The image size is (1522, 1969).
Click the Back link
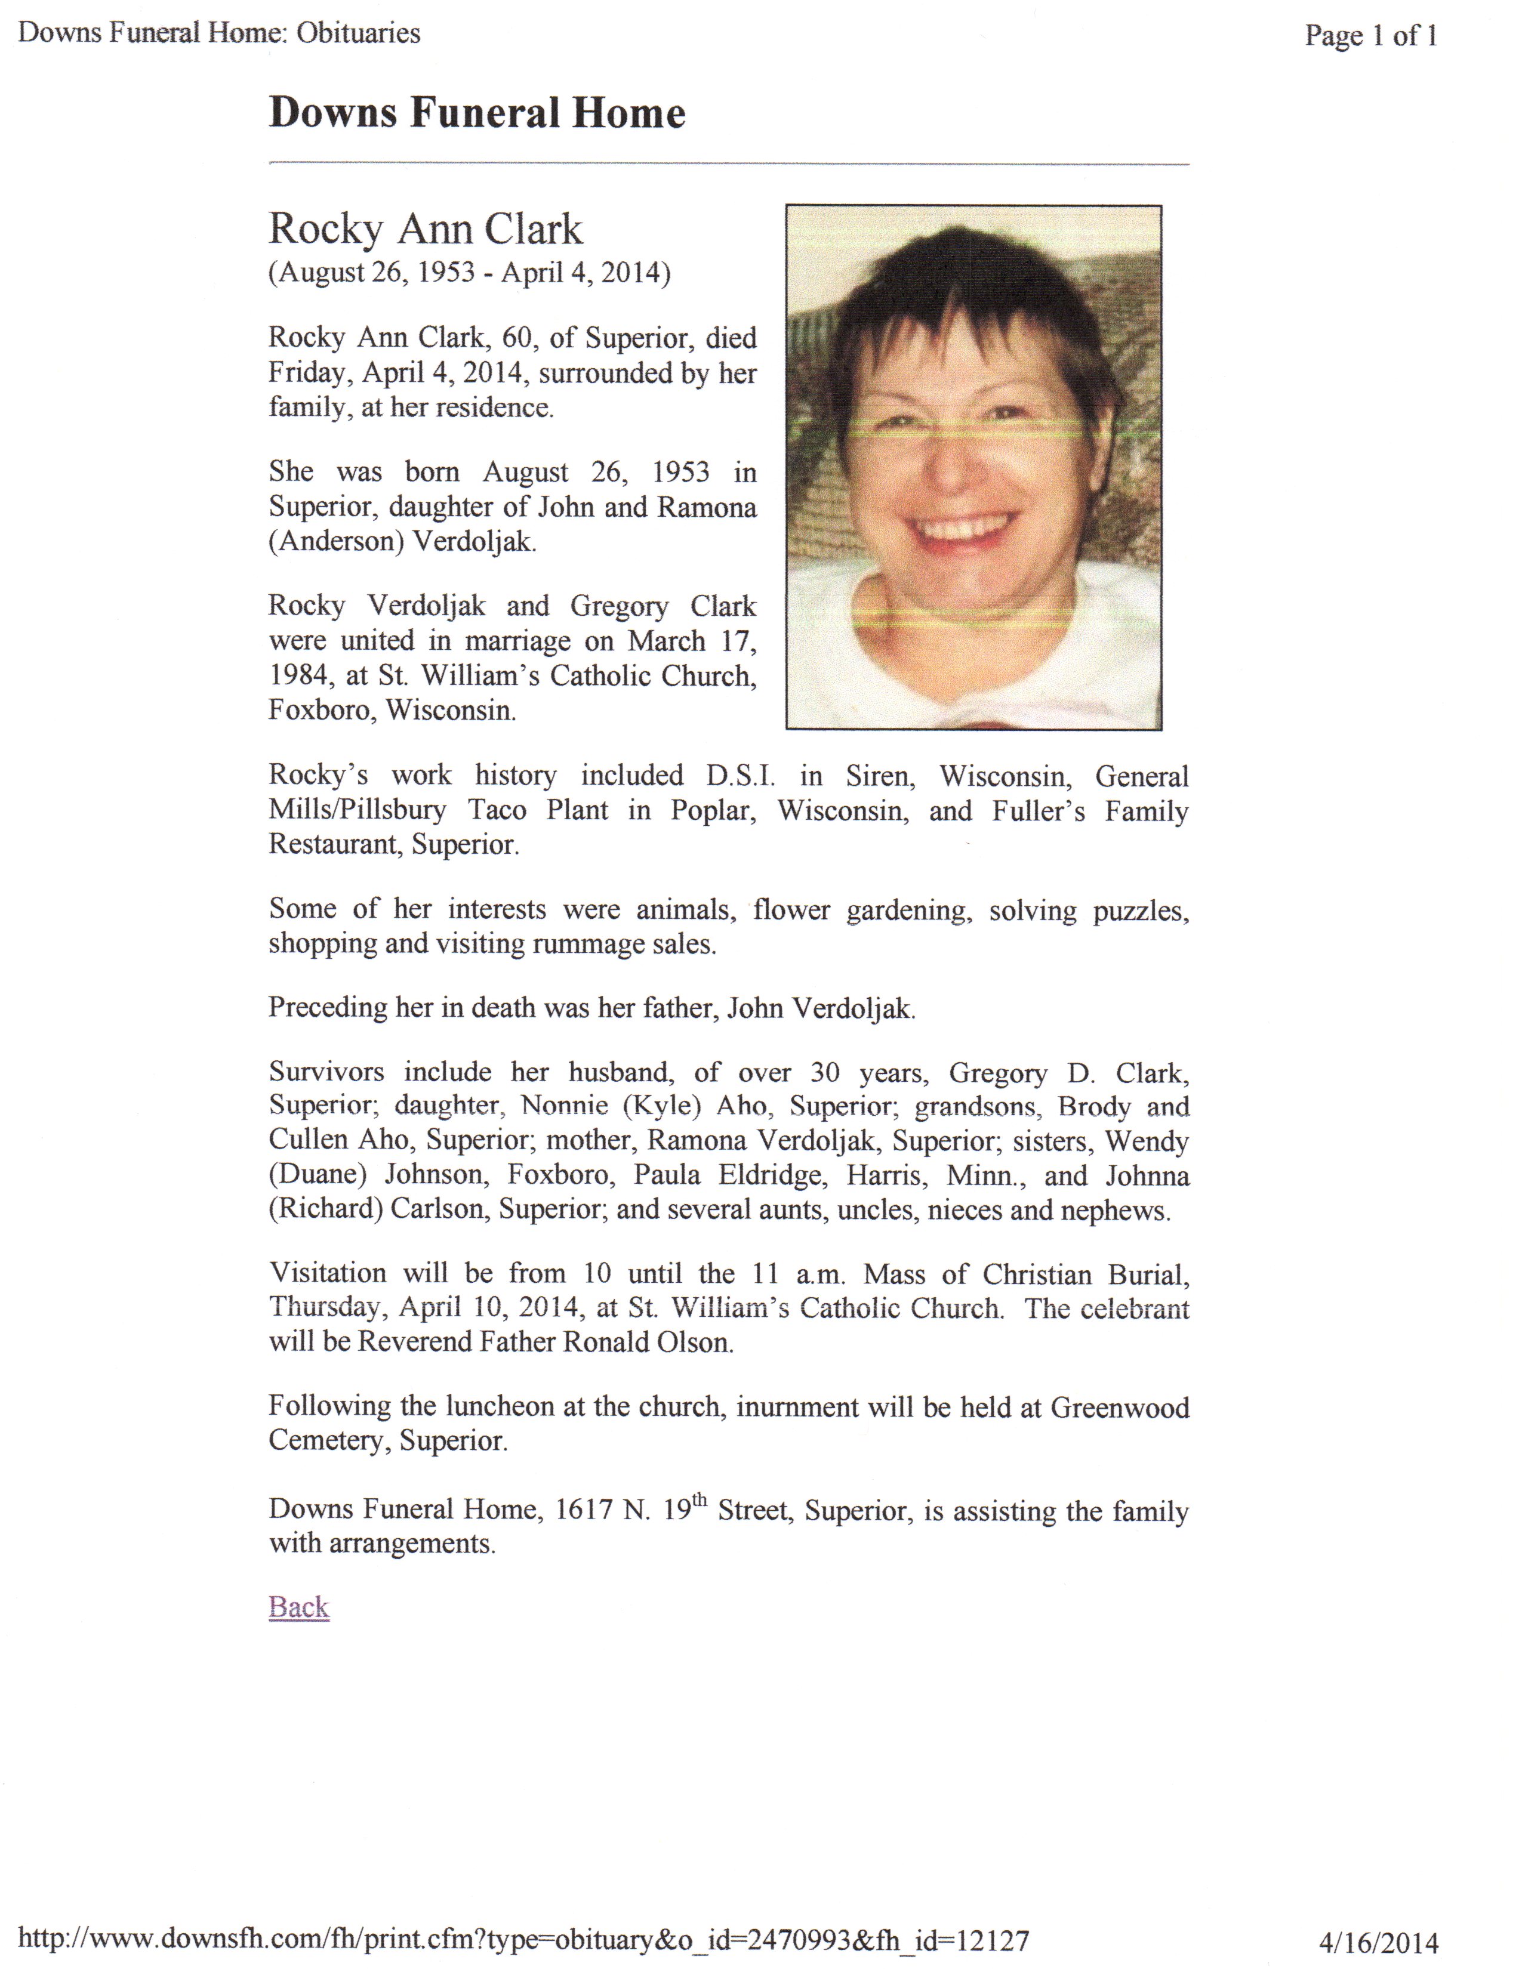click(298, 1607)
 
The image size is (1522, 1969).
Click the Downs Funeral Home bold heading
click(477, 113)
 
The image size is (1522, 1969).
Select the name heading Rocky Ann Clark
click(426, 229)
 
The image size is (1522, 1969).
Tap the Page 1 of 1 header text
click(1370, 36)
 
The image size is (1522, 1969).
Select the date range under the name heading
click(469, 272)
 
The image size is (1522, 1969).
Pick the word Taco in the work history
click(497, 810)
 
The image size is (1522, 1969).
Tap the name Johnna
click(1147, 1175)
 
